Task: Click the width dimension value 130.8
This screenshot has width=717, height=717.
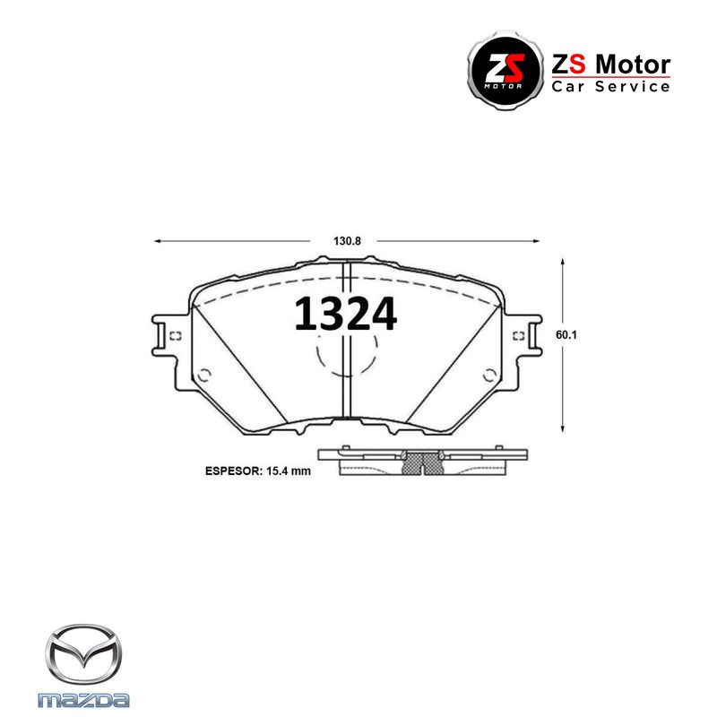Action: [x=347, y=241]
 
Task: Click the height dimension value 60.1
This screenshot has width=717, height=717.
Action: [x=566, y=334]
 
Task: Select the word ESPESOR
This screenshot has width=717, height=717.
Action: [x=232, y=471]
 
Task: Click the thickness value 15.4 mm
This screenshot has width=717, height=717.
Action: [x=289, y=471]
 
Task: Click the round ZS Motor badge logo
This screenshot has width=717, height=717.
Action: [x=505, y=71]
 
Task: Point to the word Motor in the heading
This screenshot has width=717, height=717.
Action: [x=634, y=65]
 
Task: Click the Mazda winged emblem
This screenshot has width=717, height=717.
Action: [x=83, y=654]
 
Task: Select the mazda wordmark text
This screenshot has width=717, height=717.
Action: [x=83, y=700]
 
